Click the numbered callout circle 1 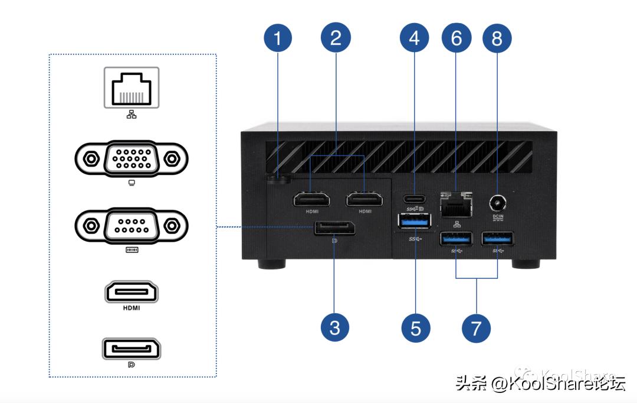[x=278, y=38]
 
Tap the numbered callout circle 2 [x=336, y=38]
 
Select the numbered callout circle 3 [x=335, y=327]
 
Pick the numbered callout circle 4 [x=415, y=38]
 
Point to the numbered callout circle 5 [x=416, y=327]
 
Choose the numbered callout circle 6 [x=457, y=38]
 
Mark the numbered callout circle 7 [x=476, y=327]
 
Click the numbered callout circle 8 [x=497, y=38]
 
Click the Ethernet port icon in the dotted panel [x=132, y=87]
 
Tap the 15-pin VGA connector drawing [x=132, y=159]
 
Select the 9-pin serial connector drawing [x=132, y=226]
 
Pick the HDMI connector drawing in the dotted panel [x=132, y=292]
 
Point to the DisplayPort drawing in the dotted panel [x=132, y=349]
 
